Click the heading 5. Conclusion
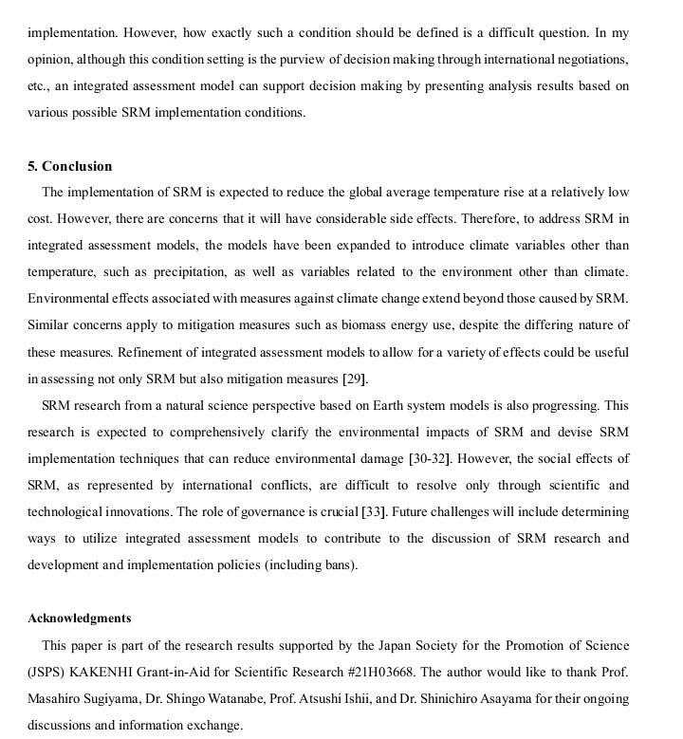pos(69,166)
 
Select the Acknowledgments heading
pos(80,619)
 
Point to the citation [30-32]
pos(429,459)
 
